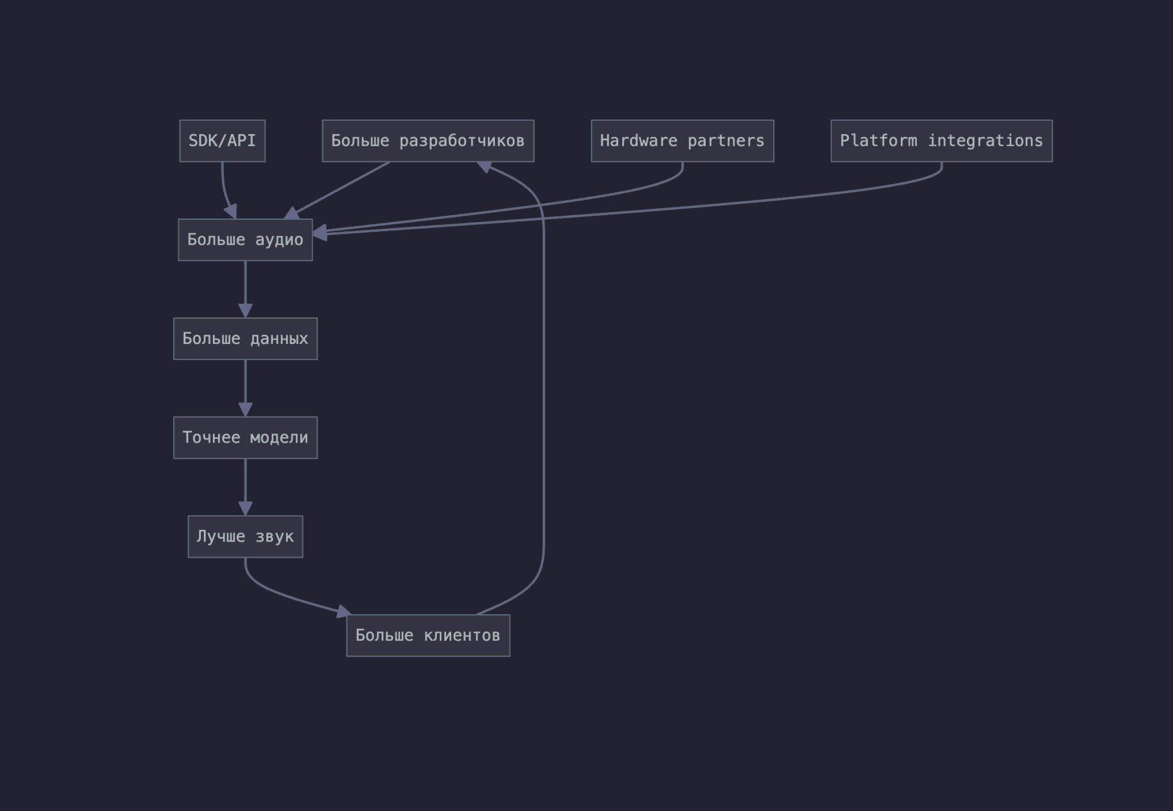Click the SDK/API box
pyautogui.click(x=222, y=141)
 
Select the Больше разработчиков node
pyautogui.click(x=428, y=141)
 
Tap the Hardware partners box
pyautogui.click(x=682, y=141)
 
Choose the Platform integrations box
pyautogui.click(x=941, y=141)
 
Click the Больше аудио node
pyautogui.click(x=245, y=240)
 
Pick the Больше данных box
pyautogui.click(x=245, y=338)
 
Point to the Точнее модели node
pyautogui.click(x=245, y=438)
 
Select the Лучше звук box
pyautogui.click(x=245, y=537)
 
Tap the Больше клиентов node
pyautogui.click(x=428, y=636)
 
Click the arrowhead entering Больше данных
pyautogui.click(x=245, y=311)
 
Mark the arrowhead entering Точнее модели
pyautogui.click(x=245, y=410)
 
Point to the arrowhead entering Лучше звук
pyautogui.click(x=245, y=508)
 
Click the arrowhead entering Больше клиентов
pyautogui.click(x=344, y=611)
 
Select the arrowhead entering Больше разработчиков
pyautogui.click(x=485, y=167)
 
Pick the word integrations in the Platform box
pyautogui.click(x=985, y=141)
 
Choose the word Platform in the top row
pyautogui.click(x=878, y=141)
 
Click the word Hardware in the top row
pyautogui.click(x=638, y=141)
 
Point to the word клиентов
pyautogui.click(x=462, y=636)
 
